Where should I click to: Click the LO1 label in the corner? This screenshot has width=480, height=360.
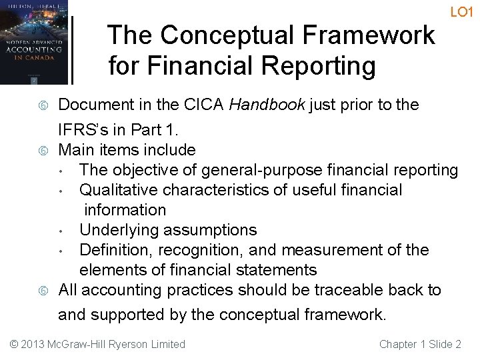(x=462, y=12)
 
